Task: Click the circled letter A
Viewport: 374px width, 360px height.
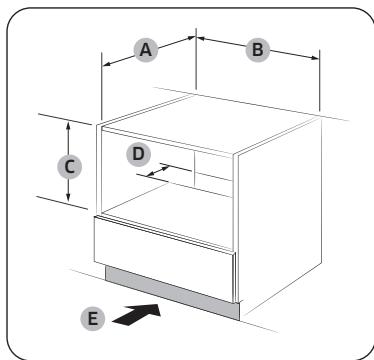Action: tap(146, 50)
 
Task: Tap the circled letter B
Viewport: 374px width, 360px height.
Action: tap(257, 50)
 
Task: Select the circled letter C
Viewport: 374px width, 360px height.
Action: tap(69, 167)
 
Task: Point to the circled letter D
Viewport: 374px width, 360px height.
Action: tap(138, 155)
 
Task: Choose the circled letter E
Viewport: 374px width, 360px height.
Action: tap(93, 319)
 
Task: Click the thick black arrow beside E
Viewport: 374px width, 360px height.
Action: tap(137, 314)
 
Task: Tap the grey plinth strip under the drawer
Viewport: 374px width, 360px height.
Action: tap(172, 292)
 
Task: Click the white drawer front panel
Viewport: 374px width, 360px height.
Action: tap(165, 258)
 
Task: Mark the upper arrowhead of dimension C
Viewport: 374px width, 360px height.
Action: tap(68, 126)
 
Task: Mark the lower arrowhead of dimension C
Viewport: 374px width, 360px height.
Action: tap(68, 198)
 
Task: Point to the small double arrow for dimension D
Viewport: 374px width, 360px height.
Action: tap(158, 171)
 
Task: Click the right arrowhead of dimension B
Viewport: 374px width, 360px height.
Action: tap(315, 58)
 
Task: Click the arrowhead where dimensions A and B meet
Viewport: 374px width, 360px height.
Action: tap(196, 38)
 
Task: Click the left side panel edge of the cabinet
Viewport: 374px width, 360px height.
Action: tap(99, 168)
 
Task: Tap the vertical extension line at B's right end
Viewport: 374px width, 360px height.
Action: tap(319, 80)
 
